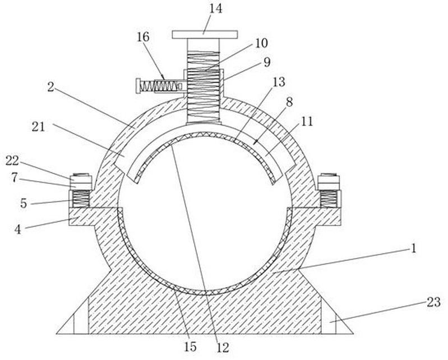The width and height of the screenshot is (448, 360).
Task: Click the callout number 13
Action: pos(279,83)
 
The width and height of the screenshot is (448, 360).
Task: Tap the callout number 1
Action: pos(414,247)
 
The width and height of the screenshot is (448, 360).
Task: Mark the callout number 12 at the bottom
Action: pos(223,347)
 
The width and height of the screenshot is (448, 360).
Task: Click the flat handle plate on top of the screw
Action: pos(204,35)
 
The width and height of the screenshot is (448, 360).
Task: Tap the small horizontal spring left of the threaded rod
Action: pos(158,86)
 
